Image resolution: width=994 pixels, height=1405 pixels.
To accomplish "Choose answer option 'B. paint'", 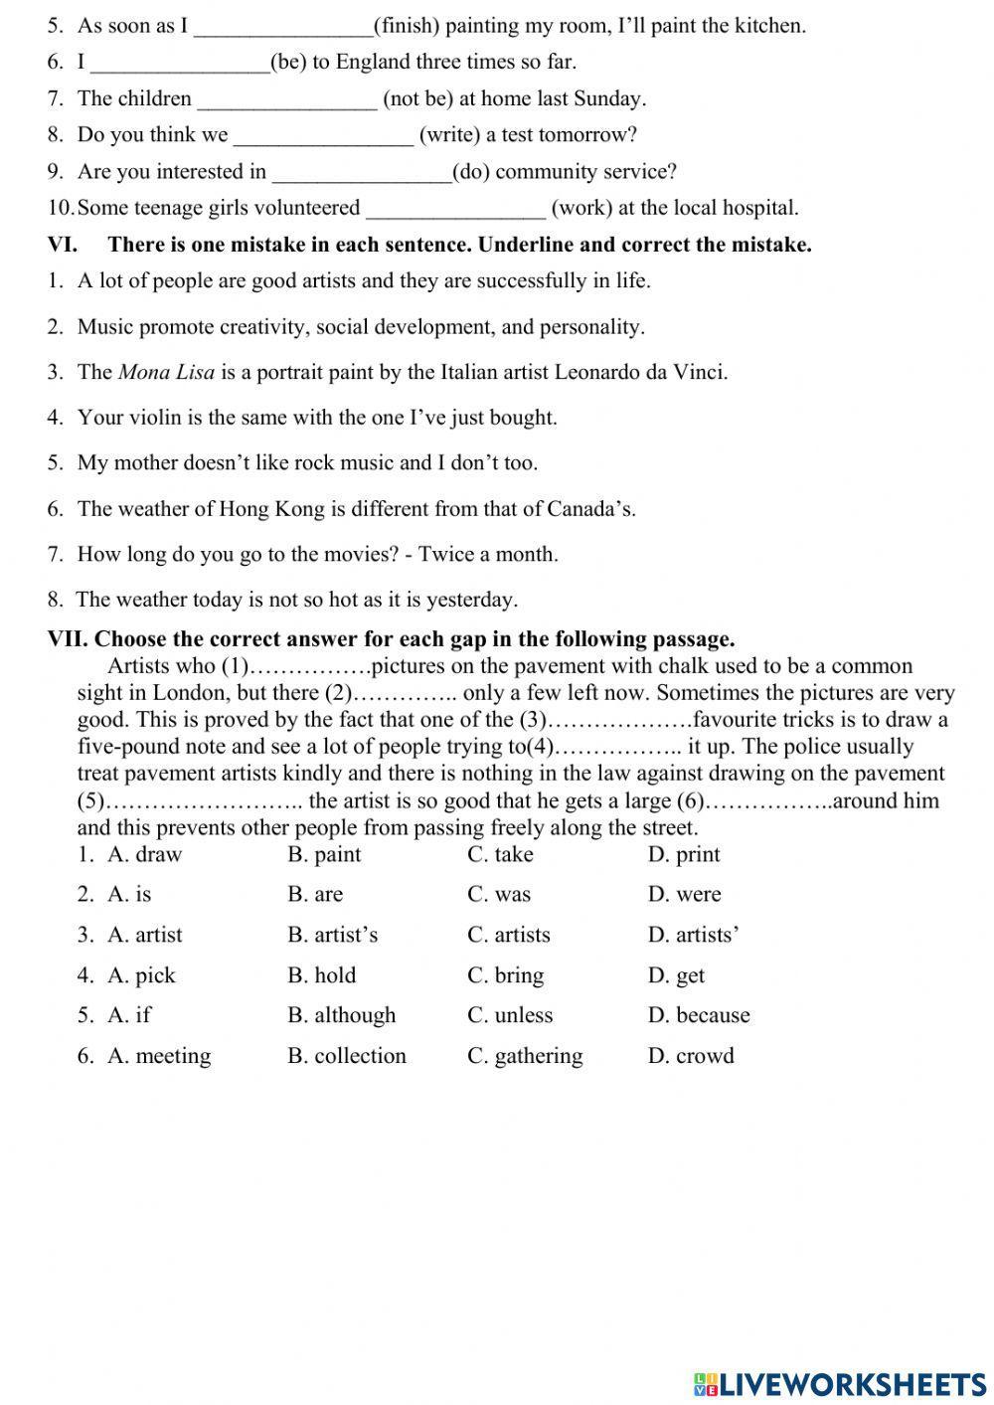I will pyautogui.click(x=324, y=855).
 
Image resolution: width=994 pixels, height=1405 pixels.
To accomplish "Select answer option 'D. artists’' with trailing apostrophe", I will pyautogui.click(x=693, y=936).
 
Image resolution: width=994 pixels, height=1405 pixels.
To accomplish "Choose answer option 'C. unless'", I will pyautogui.click(x=510, y=1015).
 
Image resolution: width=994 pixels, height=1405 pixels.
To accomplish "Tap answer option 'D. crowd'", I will pyautogui.click(x=691, y=1056).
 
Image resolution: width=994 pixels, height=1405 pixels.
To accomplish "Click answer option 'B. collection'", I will pyautogui.click(x=347, y=1056).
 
